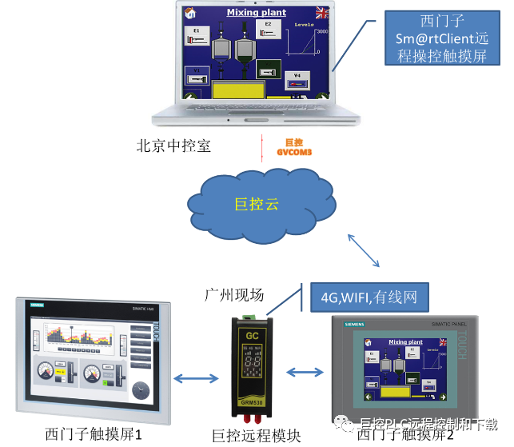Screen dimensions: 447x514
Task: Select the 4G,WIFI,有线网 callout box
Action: point(369,297)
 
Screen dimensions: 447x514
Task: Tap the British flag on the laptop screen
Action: point(322,12)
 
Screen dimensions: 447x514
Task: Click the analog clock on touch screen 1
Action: point(140,390)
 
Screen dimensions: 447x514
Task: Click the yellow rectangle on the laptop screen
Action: point(237,86)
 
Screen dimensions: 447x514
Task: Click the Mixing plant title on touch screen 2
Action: point(405,342)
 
